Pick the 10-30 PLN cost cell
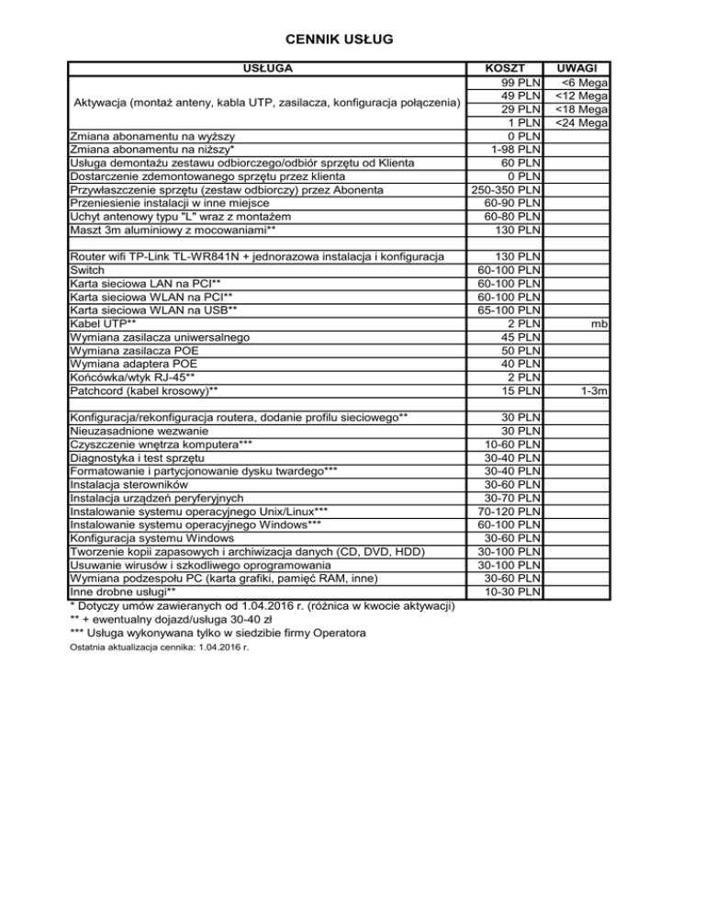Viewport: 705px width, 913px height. [513, 591]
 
